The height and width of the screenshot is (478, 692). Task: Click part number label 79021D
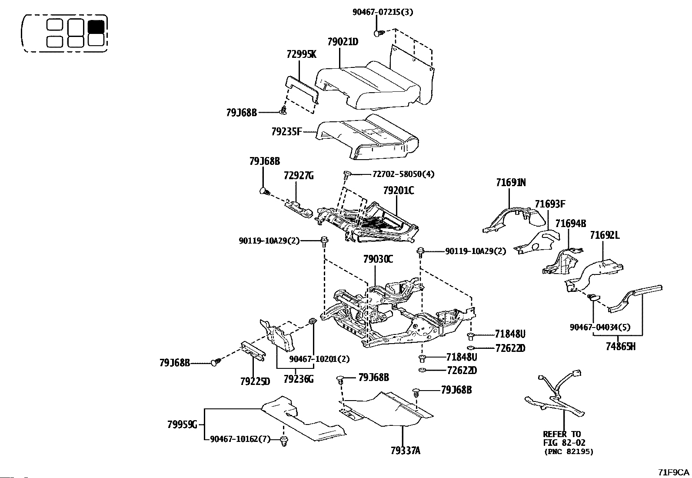[343, 42]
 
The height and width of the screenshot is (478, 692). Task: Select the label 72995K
[301, 54]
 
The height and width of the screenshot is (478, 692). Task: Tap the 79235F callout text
[286, 132]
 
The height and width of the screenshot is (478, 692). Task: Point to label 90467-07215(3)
[383, 12]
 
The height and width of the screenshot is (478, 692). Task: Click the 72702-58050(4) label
[403, 174]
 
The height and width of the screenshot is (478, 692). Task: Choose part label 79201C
[399, 191]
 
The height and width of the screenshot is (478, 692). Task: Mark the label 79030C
[378, 259]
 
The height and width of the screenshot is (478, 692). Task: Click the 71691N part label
[511, 183]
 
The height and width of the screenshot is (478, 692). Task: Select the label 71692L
[605, 235]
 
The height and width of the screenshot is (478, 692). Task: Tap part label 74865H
[620, 347]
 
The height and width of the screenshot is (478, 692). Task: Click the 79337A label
[405, 451]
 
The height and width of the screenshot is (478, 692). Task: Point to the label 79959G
[182, 425]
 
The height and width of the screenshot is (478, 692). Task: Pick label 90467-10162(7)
[240, 439]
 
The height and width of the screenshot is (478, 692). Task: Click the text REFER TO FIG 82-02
[564, 438]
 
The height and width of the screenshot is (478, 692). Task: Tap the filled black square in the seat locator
[96, 27]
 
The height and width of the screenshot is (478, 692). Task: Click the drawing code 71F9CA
[673, 472]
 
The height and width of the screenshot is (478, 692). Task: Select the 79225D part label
[255, 381]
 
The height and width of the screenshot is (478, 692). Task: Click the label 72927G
[299, 176]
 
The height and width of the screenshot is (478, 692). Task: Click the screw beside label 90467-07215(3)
[379, 33]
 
